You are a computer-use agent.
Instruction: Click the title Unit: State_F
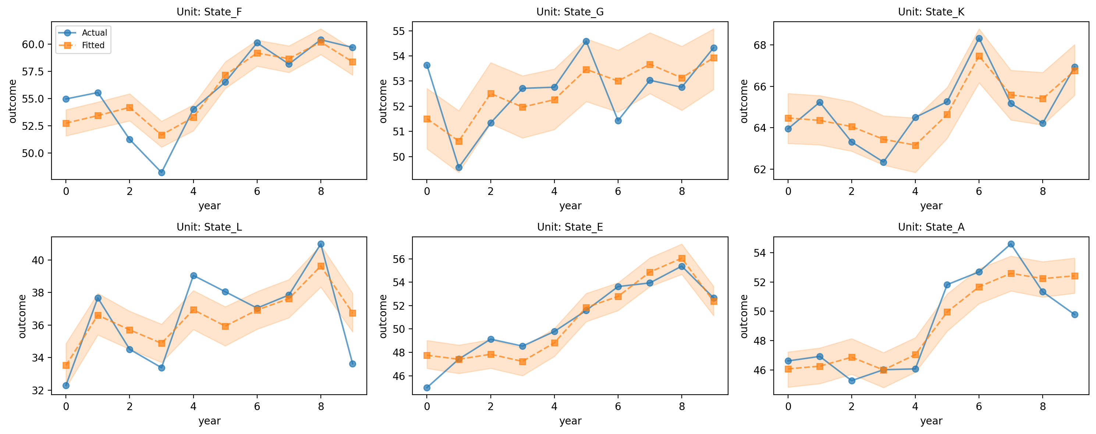point(209,12)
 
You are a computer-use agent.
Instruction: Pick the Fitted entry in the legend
point(93,45)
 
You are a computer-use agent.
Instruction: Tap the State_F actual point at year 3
point(162,172)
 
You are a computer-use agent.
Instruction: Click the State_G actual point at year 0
point(427,65)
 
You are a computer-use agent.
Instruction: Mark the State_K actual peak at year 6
point(979,38)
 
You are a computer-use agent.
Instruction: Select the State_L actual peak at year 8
point(321,244)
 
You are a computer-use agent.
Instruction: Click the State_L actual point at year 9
point(353,364)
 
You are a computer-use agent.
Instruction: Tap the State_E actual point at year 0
point(427,388)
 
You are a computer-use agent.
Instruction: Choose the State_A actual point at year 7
point(1011,244)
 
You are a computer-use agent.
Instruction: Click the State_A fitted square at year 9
point(1075,276)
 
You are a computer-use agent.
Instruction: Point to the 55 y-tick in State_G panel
point(400,31)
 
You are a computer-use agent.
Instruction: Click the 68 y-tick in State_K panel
point(760,45)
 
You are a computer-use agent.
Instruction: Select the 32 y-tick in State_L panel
point(38,390)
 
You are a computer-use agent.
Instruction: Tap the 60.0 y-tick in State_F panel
point(33,44)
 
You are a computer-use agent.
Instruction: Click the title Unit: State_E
point(570,227)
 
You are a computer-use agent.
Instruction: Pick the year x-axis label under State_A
point(931,421)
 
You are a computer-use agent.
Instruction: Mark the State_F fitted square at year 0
point(66,123)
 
